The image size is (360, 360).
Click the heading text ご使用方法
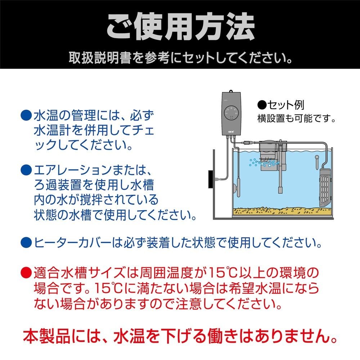pyautogui.click(x=180, y=27)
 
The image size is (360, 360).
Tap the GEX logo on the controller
pyautogui.click(x=231, y=132)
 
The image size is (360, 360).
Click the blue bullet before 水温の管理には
pyautogui.click(x=26, y=116)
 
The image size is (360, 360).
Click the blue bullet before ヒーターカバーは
pyautogui.click(x=26, y=242)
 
